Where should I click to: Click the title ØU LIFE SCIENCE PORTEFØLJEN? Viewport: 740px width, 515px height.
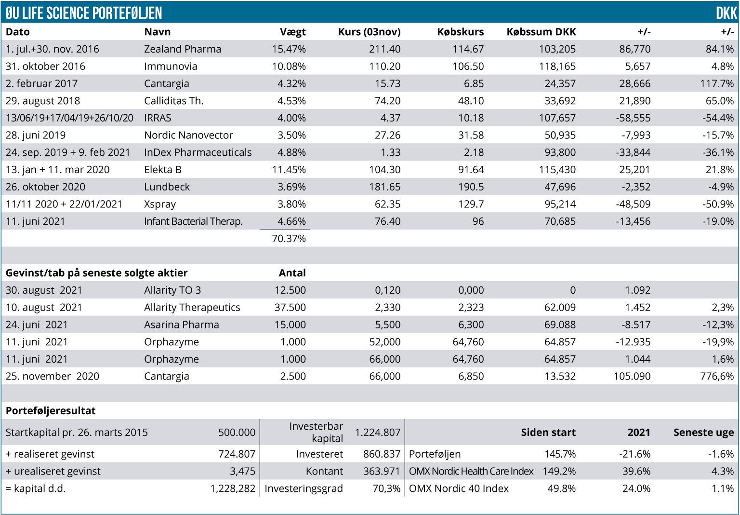tap(84, 13)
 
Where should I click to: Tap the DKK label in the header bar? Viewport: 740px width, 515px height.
tap(726, 13)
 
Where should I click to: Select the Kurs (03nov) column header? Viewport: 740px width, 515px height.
tap(369, 32)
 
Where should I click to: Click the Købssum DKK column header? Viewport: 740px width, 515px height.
tap(541, 32)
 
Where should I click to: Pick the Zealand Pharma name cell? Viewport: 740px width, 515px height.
tap(183, 49)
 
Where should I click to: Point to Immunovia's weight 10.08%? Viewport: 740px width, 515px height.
tap(289, 67)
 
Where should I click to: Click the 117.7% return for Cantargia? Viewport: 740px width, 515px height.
tap(717, 84)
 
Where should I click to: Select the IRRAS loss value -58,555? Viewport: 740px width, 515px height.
tap(633, 118)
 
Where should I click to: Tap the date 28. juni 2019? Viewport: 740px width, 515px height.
tap(36, 136)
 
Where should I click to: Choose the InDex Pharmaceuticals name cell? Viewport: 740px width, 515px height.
tap(198, 153)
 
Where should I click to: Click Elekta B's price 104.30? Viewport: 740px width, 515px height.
tap(384, 170)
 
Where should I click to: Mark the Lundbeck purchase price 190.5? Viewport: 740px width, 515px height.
tap(471, 187)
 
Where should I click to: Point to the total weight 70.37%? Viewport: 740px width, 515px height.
tap(289, 239)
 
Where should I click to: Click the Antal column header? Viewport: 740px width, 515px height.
tap(292, 273)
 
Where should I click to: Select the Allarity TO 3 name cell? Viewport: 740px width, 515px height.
tap(172, 290)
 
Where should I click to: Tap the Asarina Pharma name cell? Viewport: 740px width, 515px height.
tap(181, 325)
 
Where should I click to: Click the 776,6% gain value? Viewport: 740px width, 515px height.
tap(717, 377)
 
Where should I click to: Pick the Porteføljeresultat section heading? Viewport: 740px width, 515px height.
tap(51, 411)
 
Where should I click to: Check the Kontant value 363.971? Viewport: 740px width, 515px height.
tap(382, 472)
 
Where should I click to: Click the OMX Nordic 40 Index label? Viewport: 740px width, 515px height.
tap(459, 488)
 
